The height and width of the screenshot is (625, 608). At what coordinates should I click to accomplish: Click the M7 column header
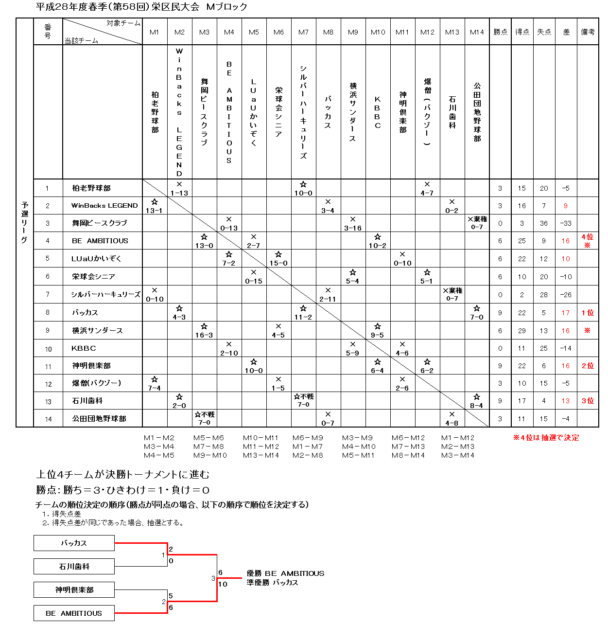pyautogui.click(x=303, y=32)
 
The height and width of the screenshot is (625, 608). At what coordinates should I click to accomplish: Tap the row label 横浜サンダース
pyautogui.click(x=97, y=330)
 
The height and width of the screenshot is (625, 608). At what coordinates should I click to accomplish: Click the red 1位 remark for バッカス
pyautogui.click(x=588, y=313)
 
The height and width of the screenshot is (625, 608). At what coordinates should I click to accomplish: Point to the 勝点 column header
pyautogui.click(x=500, y=32)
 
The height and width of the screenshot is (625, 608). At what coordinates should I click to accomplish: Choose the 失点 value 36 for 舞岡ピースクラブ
pyautogui.click(x=543, y=223)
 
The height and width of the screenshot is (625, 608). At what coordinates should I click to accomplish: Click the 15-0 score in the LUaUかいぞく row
pyautogui.click(x=278, y=263)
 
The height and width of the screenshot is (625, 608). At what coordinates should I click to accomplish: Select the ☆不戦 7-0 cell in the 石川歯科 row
pyautogui.click(x=303, y=400)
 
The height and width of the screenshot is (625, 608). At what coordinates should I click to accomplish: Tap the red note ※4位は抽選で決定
pyautogui.click(x=546, y=438)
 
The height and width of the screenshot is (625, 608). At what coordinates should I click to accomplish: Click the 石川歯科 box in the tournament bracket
pyautogui.click(x=74, y=566)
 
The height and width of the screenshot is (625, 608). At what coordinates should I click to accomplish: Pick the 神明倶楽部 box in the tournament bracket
pyautogui.click(x=74, y=589)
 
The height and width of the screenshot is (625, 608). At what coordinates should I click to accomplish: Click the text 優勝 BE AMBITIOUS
pyautogui.click(x=285, y=573)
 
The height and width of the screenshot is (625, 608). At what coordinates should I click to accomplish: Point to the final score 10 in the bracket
pyautogui.click(x=223, y=584)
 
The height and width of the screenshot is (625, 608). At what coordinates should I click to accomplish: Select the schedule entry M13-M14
pyautogui.click(x=260, y=455)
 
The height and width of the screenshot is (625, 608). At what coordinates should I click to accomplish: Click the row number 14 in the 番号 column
pyautogui.click(x=48, y=419)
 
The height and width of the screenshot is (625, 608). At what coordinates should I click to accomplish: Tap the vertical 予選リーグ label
pyautogui.click(x=25, y=222)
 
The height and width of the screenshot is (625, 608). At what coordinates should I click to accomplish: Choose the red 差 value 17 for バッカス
pyautogui.click(x=565, y=313)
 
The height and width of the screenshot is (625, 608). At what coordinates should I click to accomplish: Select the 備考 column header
pyautogui.click(x=588, y=32)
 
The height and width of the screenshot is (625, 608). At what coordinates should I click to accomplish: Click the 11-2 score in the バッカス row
pyautogui.click(x=303, y=317)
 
